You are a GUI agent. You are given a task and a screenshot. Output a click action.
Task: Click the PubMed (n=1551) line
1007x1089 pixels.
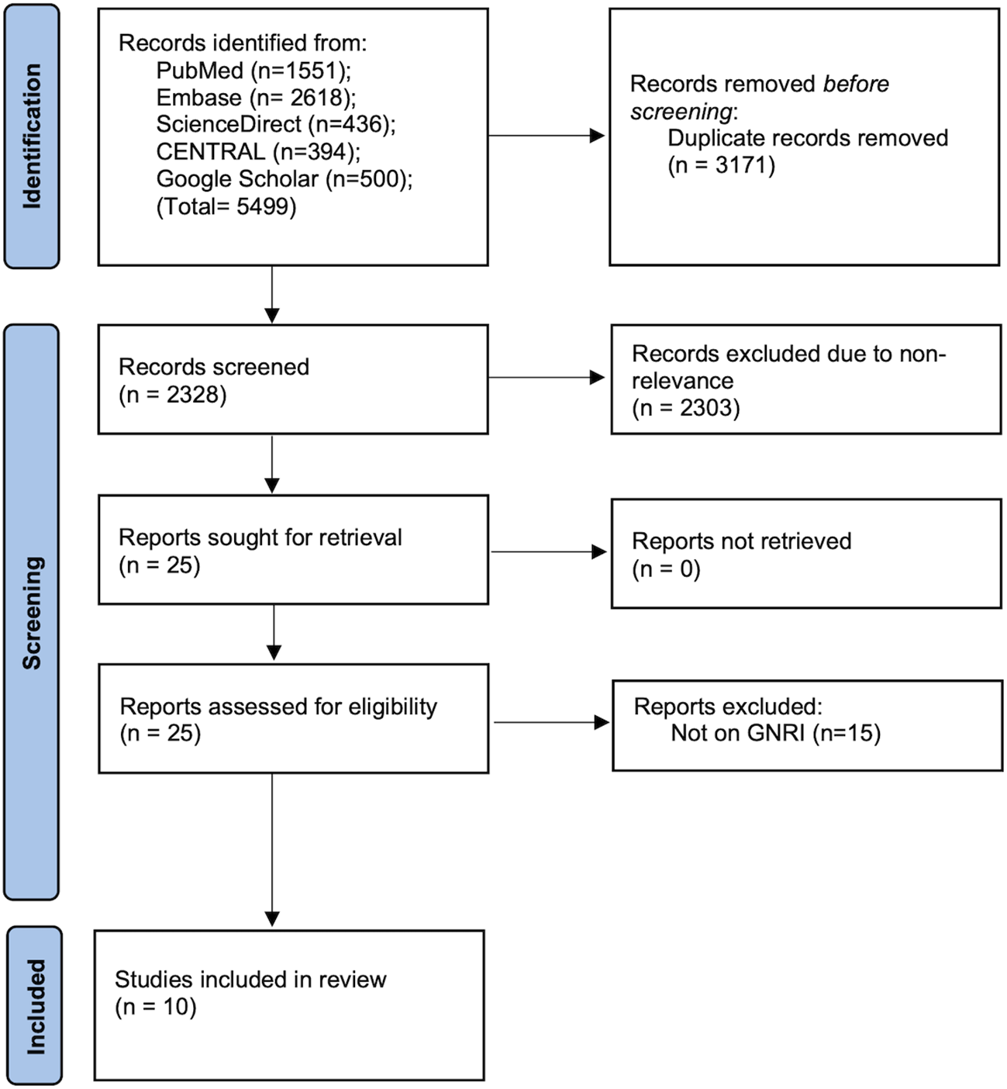coord(253,71)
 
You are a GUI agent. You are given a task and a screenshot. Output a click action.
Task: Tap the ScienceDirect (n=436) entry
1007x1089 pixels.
coord(275,124)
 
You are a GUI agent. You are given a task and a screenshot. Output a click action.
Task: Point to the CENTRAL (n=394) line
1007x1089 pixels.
coord(258,151)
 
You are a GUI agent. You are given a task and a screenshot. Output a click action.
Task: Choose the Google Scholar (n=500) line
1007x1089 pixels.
coord(284,178)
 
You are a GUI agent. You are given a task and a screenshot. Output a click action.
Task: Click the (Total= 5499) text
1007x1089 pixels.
coord(226,206)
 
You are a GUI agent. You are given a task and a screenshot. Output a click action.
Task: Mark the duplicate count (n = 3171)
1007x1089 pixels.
coord(721,165)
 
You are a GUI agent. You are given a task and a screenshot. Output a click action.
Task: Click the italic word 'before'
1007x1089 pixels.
coord(856,84)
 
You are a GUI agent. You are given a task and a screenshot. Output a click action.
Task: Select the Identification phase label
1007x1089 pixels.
coord(32,137)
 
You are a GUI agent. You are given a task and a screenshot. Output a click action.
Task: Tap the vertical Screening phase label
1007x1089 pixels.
coord(32,612)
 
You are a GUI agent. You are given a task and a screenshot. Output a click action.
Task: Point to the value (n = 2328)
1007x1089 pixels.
coord(172,395)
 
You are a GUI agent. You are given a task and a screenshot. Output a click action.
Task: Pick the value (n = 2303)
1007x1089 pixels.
coord(685,408)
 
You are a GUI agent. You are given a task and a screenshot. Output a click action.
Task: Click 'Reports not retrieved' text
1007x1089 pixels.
coord(741,541)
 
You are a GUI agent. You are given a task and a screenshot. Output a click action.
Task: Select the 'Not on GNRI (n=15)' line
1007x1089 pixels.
coord(775,733)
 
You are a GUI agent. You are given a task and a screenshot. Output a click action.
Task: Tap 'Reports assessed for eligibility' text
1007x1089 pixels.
coord(278,707)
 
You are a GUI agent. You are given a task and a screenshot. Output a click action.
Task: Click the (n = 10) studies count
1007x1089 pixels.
coord(155,1007)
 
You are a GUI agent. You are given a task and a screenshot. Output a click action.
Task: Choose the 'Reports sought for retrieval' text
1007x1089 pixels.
coord(260,538)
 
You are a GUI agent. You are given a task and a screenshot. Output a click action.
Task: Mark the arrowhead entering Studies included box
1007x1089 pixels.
coord(272,919)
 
